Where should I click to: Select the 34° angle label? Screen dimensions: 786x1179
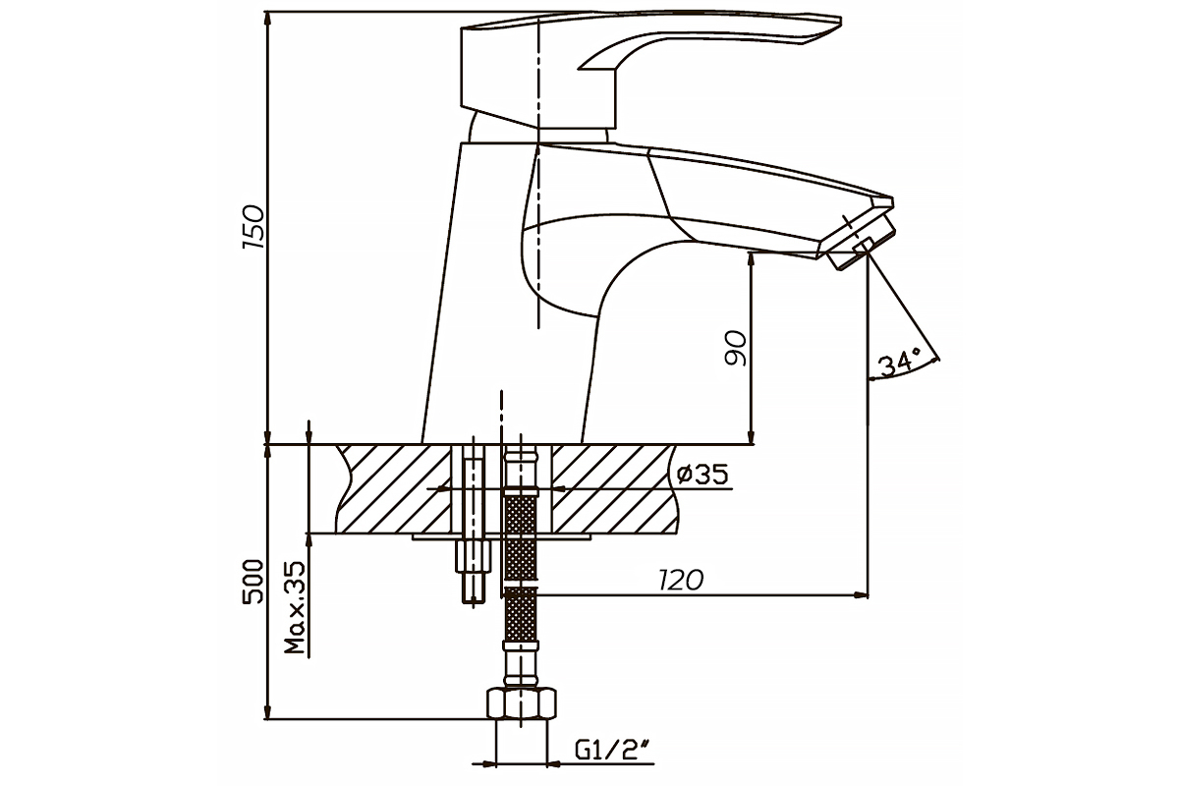(898, 363)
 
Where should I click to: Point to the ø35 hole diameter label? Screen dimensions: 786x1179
(702, 476)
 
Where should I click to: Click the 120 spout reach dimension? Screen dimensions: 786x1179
(682, 580)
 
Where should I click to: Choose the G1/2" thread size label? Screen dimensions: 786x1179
(614, 752)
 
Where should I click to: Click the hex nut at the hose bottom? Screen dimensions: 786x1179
(521, 705)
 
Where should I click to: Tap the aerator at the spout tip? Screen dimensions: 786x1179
(859, 245)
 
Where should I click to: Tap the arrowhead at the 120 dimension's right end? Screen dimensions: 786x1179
(863, 594)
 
